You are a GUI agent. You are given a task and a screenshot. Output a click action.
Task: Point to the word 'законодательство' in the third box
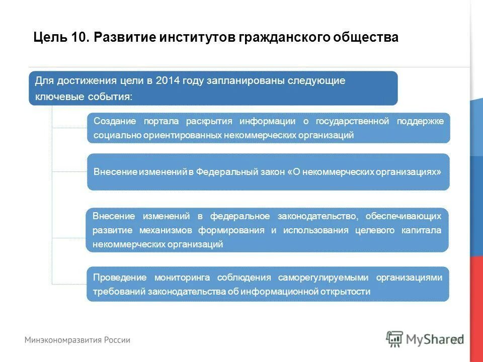click(318, 216)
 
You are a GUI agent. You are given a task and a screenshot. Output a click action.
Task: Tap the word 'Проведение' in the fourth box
click(120, 278)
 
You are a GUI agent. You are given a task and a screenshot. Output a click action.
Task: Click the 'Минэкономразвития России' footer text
click(77, 340)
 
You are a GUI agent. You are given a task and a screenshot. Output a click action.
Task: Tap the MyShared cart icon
click(395, 339)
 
